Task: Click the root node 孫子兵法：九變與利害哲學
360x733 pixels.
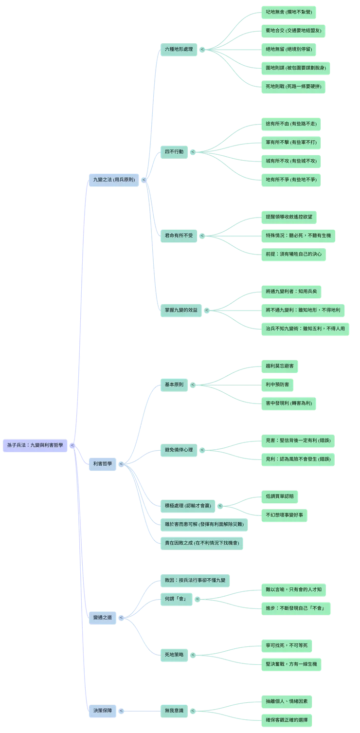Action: (x=35, y=445)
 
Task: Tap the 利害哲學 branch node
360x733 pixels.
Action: (x=102, y=463)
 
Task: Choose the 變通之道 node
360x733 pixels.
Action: (x=102, y=617)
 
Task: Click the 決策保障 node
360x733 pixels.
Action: (x=102, y=710)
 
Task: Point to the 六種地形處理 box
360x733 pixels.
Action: (x=179, y=50)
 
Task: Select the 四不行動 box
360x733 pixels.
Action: (x=174, y=152)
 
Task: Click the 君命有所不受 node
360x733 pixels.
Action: (x=179, y=236)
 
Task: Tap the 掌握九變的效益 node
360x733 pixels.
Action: (x=181, y=310)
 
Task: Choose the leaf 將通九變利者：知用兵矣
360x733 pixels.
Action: (x=291, y=291)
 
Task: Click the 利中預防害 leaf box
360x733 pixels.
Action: (x=277, y=385)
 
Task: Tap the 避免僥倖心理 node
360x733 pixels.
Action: (x=179, y=450)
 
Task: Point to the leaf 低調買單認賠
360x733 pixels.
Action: (x=279, y=496)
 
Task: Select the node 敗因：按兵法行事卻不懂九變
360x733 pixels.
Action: (x=195, y=580)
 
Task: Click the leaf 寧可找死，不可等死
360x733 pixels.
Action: (x=287, y=645)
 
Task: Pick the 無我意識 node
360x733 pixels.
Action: (x=174, y=711)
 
